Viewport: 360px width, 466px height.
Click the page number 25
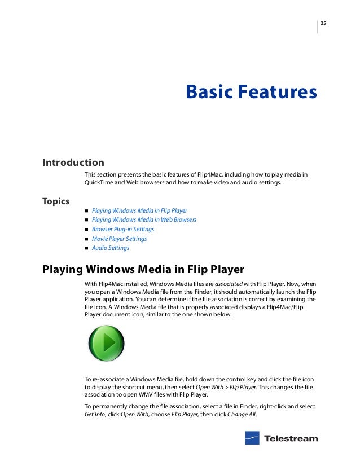(324, 23)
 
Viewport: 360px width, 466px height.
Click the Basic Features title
(251, 91)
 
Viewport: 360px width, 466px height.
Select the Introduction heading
(73, 162)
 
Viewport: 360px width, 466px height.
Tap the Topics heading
(56, 201)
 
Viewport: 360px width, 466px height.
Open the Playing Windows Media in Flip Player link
(139, 210)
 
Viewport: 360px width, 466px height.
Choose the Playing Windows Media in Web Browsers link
(144, 220)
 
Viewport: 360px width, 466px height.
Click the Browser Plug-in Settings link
(122, 230)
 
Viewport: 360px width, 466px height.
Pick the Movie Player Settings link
(119, 239)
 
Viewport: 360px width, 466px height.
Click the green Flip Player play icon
(106, 344)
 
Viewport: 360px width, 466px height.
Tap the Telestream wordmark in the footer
(291, 438)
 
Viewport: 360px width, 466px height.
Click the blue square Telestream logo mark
(252, 438)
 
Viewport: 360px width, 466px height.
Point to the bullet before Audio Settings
(87, 248)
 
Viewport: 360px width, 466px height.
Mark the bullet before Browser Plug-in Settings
(87, 230)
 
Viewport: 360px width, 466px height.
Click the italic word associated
(227, 283)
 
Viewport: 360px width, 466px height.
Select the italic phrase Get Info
(95, 415)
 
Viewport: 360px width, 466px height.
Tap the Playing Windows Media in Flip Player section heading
(143, 269)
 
